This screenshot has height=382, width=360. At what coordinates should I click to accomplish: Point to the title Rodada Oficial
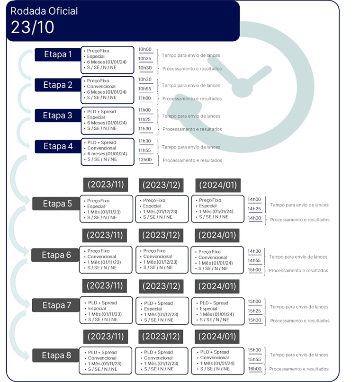[x=44, y=11]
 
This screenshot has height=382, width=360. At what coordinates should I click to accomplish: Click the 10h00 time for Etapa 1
[x=145, y=49]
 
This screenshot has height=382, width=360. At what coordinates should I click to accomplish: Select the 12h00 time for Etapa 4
[x=145, y=160]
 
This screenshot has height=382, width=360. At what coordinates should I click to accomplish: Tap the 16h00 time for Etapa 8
[x=254, y=369]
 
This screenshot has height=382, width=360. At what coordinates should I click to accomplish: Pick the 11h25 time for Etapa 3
[x=144, y=119]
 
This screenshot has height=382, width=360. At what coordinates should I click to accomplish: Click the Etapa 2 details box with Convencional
[x=108, y=89]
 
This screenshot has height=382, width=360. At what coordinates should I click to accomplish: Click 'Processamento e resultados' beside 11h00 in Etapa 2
[x=192, y=98]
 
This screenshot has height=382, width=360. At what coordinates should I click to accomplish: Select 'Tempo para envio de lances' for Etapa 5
[x=299, y=205]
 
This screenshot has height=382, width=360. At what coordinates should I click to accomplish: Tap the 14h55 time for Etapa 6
[x=254, y=260]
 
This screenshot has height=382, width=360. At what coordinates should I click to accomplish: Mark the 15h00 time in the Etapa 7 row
[x=254, y=302]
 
